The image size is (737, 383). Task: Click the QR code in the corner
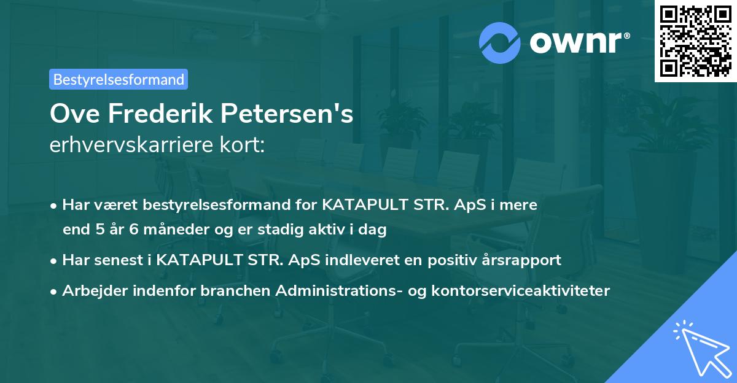[x=695, y=41]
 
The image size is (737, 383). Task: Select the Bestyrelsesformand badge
[x=119, y=79]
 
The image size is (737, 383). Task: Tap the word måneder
[x=166, y=230]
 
